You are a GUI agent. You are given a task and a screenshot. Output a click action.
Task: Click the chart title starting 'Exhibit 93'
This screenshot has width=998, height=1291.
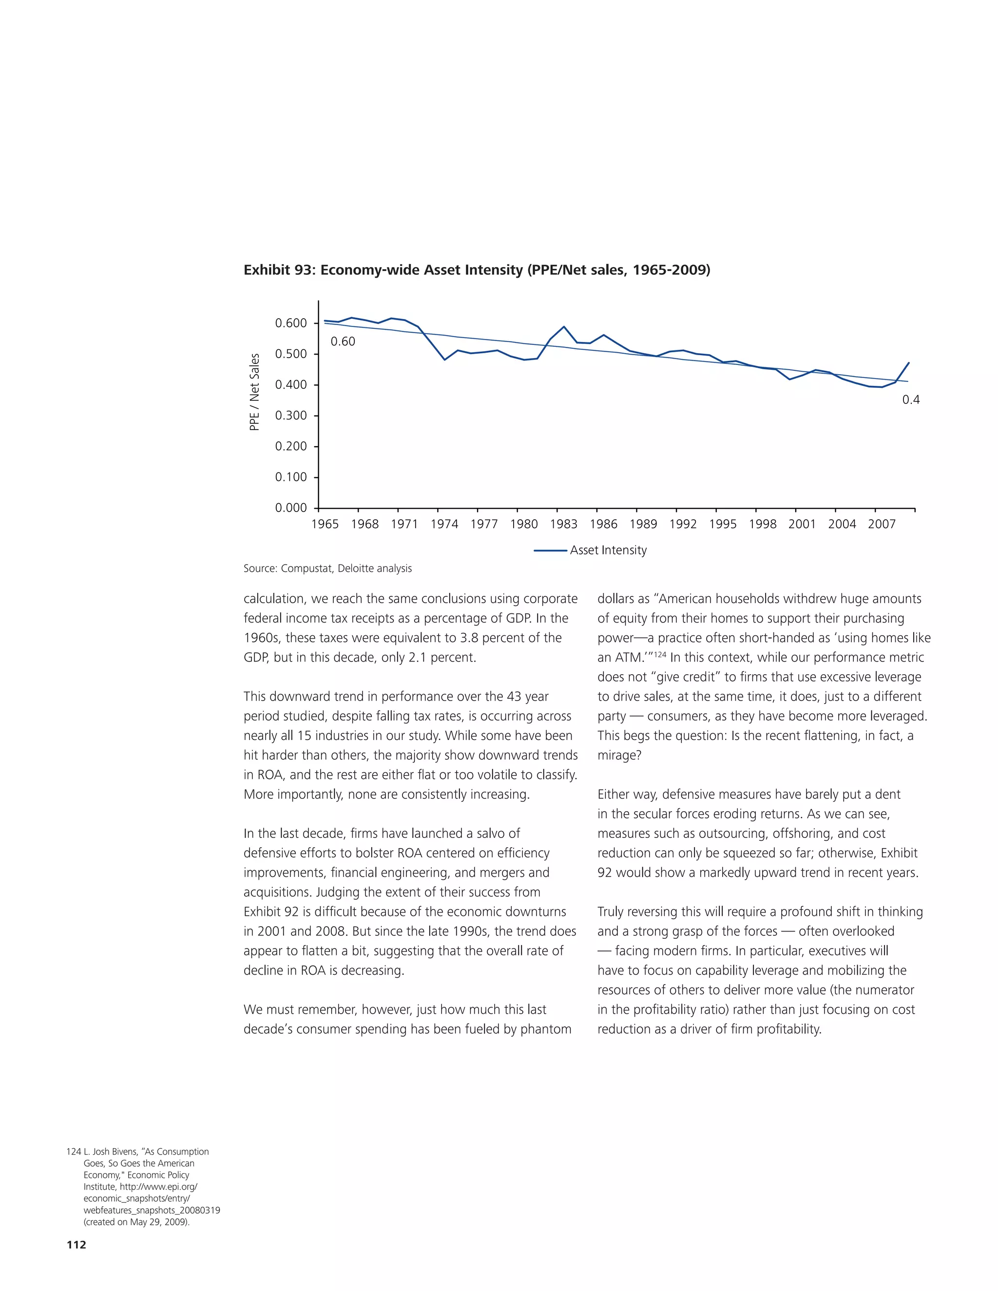coord(477,270)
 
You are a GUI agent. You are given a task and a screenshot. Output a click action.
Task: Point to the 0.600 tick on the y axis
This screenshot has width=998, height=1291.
coord(291,323)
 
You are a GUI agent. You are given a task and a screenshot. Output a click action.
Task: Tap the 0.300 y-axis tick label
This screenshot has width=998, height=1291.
coord(291,416)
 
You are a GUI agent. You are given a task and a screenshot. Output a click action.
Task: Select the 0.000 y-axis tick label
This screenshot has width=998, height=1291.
coord(291,508)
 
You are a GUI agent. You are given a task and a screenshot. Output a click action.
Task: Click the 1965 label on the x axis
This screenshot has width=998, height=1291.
coord(325,524)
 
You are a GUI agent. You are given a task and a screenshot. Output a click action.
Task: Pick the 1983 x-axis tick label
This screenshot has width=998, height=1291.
coord(563,524)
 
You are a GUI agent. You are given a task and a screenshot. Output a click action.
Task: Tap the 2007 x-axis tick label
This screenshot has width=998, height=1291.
coord(882,524)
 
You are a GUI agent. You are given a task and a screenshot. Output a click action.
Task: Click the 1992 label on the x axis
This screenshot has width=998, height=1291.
coord(683,524)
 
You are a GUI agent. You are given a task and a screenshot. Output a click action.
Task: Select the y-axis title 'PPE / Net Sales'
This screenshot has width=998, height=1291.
coord(254,392)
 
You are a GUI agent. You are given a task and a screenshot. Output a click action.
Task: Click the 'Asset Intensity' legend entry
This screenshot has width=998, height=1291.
coord(608,551)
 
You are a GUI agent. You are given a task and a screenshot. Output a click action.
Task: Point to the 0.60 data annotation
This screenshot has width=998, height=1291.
coord(343,342)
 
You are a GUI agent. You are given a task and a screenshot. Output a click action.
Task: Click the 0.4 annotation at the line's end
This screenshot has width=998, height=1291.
coord(910,400)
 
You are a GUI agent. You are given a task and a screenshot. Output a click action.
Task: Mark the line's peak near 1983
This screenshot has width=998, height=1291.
coord(564,327)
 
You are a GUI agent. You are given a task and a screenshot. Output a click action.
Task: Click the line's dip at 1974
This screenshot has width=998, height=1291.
coord(444,360)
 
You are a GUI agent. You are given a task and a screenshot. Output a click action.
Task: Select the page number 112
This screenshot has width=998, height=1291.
coord(77,1245)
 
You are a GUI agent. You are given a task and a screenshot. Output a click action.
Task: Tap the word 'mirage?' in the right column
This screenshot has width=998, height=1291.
coord(619,756)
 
